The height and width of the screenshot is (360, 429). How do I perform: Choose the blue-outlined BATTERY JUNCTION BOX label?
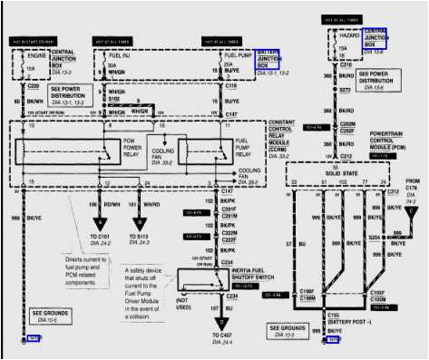(268, 59)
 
